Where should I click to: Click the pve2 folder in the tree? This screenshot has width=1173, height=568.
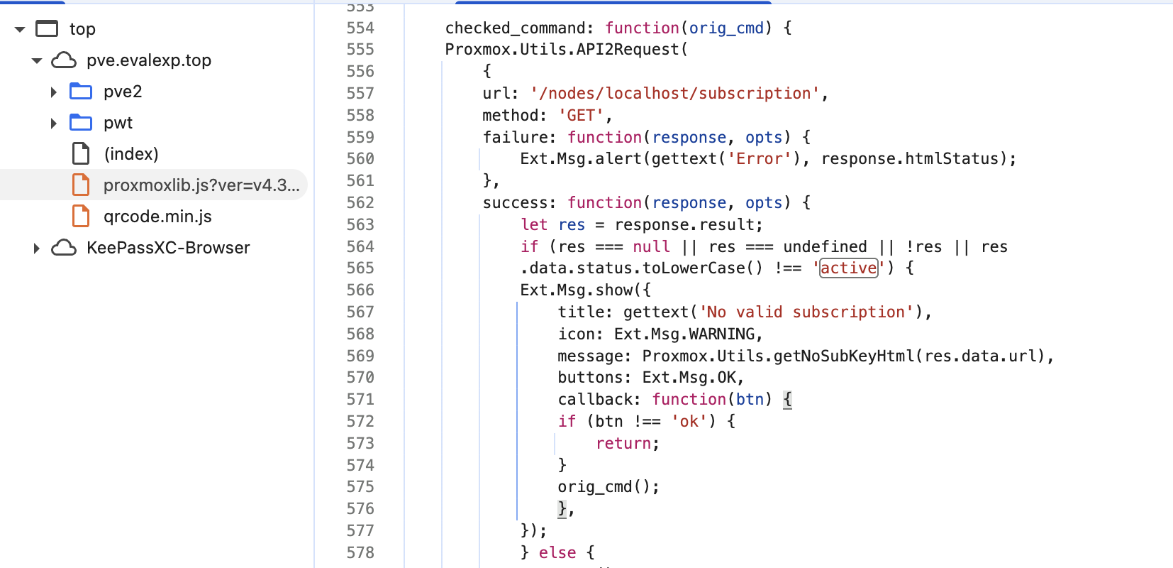point(122,92)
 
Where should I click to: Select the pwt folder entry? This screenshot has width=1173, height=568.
point(118,123)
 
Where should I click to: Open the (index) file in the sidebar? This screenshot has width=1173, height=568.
point(130,154)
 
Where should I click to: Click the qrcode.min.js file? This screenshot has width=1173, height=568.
point(157,217)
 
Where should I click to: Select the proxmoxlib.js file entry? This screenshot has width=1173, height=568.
point(201,185)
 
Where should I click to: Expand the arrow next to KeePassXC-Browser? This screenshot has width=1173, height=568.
point(36,248)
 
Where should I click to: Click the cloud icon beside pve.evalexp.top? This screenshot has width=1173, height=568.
point(64,60)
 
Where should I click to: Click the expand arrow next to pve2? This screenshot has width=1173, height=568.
point(53,92)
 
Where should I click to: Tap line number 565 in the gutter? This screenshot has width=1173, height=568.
point(360,268)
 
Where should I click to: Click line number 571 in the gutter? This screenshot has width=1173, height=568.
point(360,399)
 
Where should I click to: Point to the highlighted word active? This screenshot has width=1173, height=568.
point(848,268)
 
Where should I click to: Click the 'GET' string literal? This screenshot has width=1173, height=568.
point(582,115)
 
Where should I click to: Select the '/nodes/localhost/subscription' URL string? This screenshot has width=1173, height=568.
point(674,93)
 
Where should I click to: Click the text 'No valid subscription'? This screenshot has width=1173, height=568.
point(806,312)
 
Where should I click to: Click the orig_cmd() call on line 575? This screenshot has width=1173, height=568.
point(608,486)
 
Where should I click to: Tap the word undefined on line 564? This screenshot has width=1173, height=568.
point(825,246)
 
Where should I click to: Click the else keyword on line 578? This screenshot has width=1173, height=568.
point(557,552)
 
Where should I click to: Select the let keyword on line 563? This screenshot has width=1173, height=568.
point(534,224)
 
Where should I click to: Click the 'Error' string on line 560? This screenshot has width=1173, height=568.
point(759,158)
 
